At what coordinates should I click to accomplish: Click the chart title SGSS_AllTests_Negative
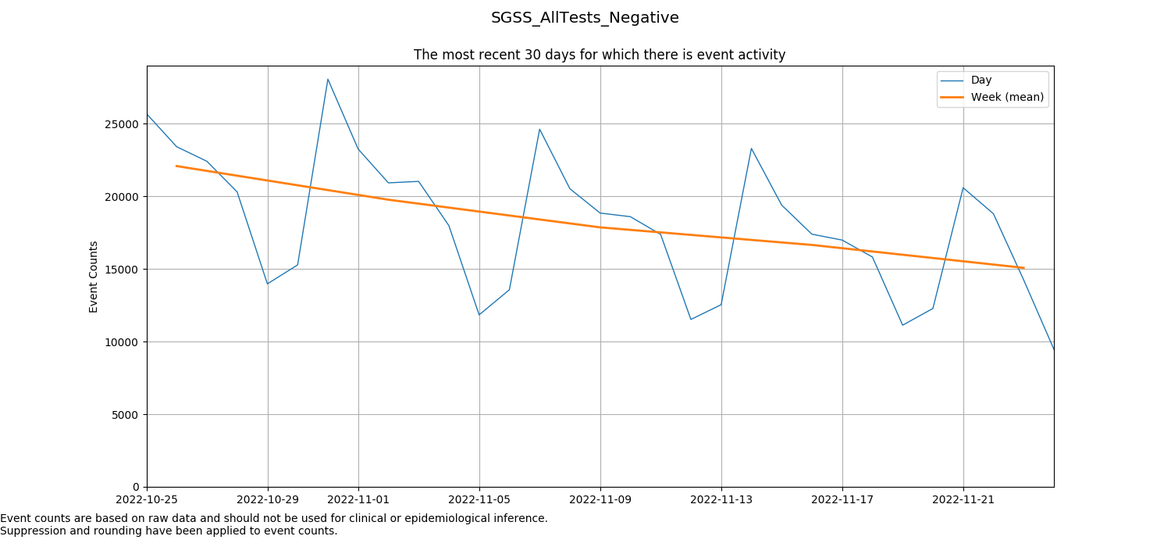585,18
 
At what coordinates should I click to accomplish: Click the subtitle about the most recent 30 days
599,55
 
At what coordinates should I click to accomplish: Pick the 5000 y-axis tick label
126,415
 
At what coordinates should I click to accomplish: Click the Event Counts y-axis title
94,277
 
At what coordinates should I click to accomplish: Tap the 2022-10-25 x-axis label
147,499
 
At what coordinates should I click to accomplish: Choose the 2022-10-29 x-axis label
268,499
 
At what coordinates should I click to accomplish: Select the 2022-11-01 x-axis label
358,499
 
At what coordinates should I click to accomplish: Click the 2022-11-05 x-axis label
479,499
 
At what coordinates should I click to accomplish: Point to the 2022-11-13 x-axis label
721,499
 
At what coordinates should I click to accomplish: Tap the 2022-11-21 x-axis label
963,499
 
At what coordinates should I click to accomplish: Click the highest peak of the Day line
328,79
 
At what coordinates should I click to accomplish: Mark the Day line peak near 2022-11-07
539,129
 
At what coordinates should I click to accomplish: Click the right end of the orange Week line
1023,268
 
